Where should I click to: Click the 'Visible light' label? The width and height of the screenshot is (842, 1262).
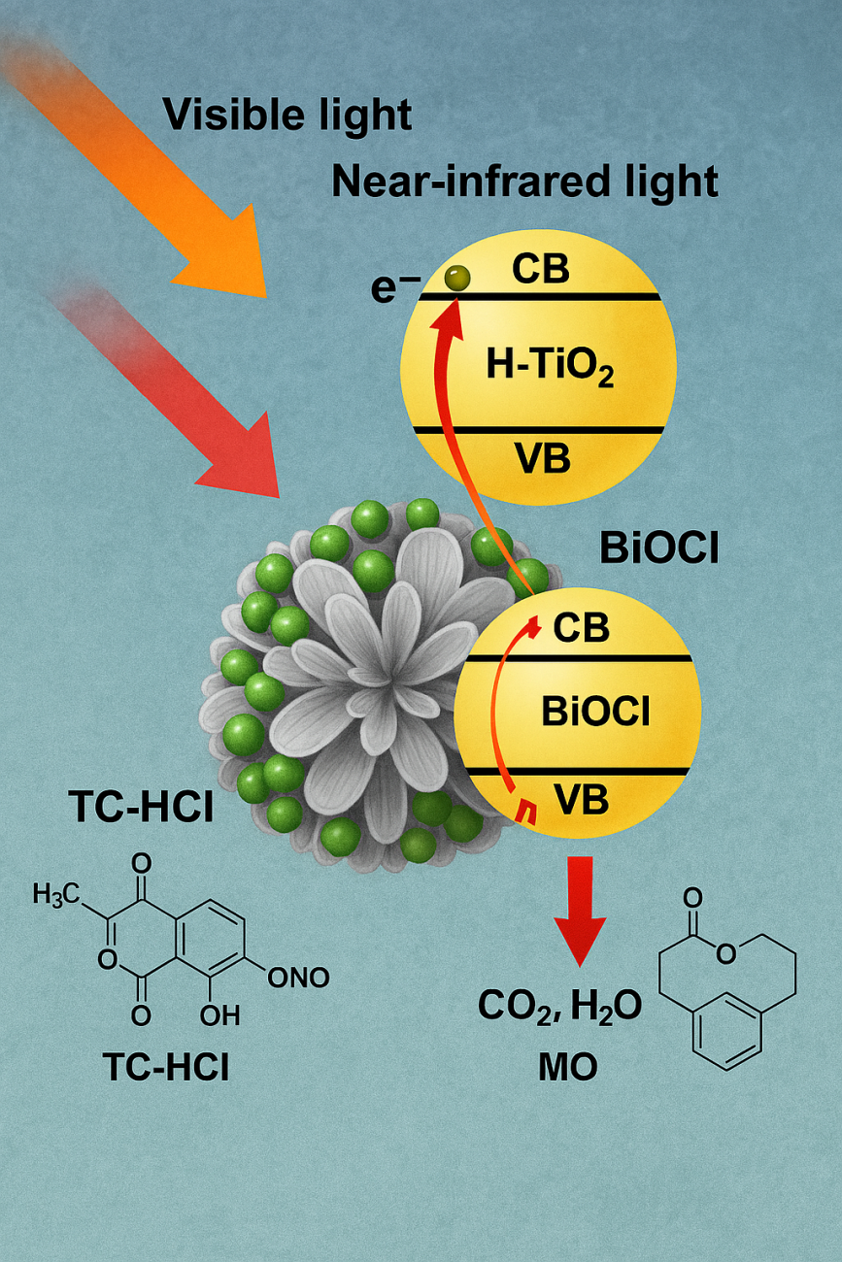[287, 115]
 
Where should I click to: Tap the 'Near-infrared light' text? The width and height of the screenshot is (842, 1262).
[525, 181]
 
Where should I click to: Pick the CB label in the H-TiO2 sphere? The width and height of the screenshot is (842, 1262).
[541, 269]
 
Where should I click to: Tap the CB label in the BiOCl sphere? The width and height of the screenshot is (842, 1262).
[581, 628]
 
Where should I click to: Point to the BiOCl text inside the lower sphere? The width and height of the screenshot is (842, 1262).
[582, 714]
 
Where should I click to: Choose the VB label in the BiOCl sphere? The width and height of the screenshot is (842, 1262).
[581, 798]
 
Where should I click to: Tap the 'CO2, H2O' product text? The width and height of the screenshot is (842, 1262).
[559, 1006]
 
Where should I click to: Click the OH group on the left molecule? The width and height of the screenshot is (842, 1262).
[219, 1016]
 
